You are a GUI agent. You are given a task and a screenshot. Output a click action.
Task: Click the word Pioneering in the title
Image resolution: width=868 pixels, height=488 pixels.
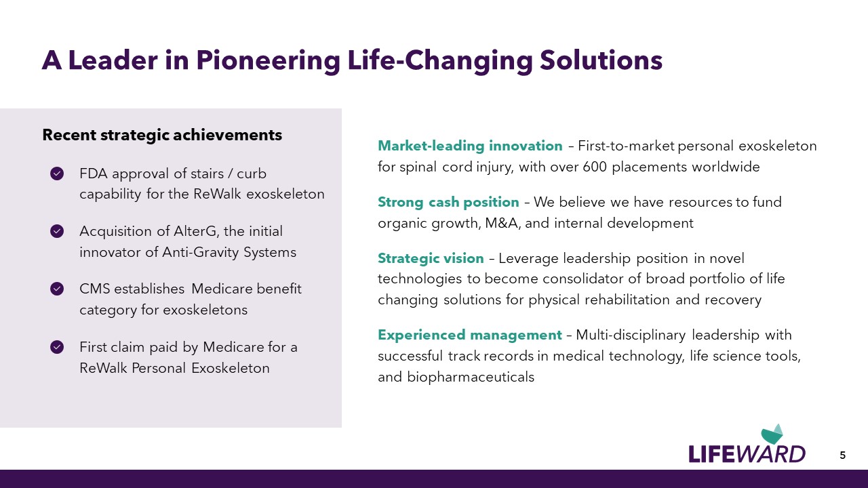pyautogui.click(x=268, y=61)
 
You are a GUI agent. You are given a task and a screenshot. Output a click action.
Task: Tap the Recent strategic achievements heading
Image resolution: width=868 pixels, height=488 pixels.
pyautogui.click(x=162, y=135)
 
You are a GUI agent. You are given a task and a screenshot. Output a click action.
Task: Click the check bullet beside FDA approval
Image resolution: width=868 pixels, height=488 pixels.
pyautogui.click(x=57, y=174)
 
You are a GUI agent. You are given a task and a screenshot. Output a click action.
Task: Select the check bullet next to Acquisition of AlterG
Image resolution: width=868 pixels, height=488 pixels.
pyautogui.click(x=57, y=231)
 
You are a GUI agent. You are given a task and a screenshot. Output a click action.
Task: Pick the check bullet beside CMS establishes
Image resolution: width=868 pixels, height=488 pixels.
pyautogui.click(x=57, y=289)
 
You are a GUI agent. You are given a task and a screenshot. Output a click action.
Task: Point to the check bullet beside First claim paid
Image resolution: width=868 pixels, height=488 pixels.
pyautogui.click(x=57, y=347)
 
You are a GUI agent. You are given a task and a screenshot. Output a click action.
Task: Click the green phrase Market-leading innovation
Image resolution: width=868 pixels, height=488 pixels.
pyautogui.click(x=470, y=146)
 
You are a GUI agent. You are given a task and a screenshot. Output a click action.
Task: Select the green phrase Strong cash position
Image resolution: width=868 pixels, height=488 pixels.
pyautogui.click(x=448, y=202)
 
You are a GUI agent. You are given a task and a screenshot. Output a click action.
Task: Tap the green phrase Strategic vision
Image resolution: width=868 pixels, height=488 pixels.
pyautogui.click(x=431, y=258)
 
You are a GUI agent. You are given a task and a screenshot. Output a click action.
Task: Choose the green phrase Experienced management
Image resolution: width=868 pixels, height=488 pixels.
pyautogui.click(x=470, y=335)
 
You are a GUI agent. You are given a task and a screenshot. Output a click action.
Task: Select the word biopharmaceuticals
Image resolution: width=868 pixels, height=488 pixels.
pyautogui.click(x=471, y=378)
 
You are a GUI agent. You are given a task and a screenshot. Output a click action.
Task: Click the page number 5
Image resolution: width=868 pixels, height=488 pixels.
pyautogui.click(x=842, y=455)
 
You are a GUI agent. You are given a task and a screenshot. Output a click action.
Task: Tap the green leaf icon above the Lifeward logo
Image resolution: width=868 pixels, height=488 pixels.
pyautogui.click(x=772, y=434)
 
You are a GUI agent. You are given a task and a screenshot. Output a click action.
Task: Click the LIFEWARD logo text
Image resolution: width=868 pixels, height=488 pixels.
pyautogui.click(x=747, y=454)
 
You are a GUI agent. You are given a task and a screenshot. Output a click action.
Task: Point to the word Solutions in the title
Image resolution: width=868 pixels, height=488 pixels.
pyautogui.click(x=601, y=61)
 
